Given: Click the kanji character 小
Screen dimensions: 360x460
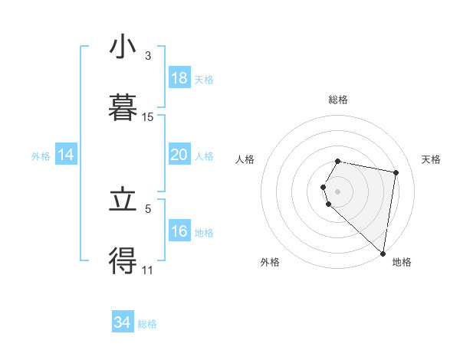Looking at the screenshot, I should tap(123, 47).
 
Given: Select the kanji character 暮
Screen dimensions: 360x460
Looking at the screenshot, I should tap(123, 108).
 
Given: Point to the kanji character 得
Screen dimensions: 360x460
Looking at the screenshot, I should tap(123, 261).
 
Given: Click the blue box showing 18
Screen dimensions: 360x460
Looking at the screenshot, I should tap(179, 78).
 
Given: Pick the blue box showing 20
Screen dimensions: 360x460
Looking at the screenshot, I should tap(179, 155).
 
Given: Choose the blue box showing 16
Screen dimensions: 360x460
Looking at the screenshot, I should tap(179, 231).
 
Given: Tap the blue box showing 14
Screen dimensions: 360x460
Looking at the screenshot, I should tap(66, 155).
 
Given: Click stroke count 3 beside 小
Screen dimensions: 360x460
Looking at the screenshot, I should tap(147, 56).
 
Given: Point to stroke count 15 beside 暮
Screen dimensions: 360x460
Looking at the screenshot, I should tap(148, 117).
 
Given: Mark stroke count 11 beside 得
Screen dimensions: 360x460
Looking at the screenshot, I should tap(148, 270).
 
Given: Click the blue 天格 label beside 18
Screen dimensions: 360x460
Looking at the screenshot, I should tap(203, 79).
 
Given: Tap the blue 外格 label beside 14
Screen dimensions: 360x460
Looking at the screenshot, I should tap(41, 155).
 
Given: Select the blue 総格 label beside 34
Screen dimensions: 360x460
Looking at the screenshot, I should tap(147, 323).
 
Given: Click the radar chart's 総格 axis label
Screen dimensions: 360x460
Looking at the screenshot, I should tap(337, 100).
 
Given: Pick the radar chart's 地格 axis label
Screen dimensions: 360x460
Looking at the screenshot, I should tap(402, 262).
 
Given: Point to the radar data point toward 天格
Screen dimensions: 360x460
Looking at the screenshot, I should tap(396, 173).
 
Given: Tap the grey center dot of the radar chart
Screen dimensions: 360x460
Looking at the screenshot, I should tap(337, 191).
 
